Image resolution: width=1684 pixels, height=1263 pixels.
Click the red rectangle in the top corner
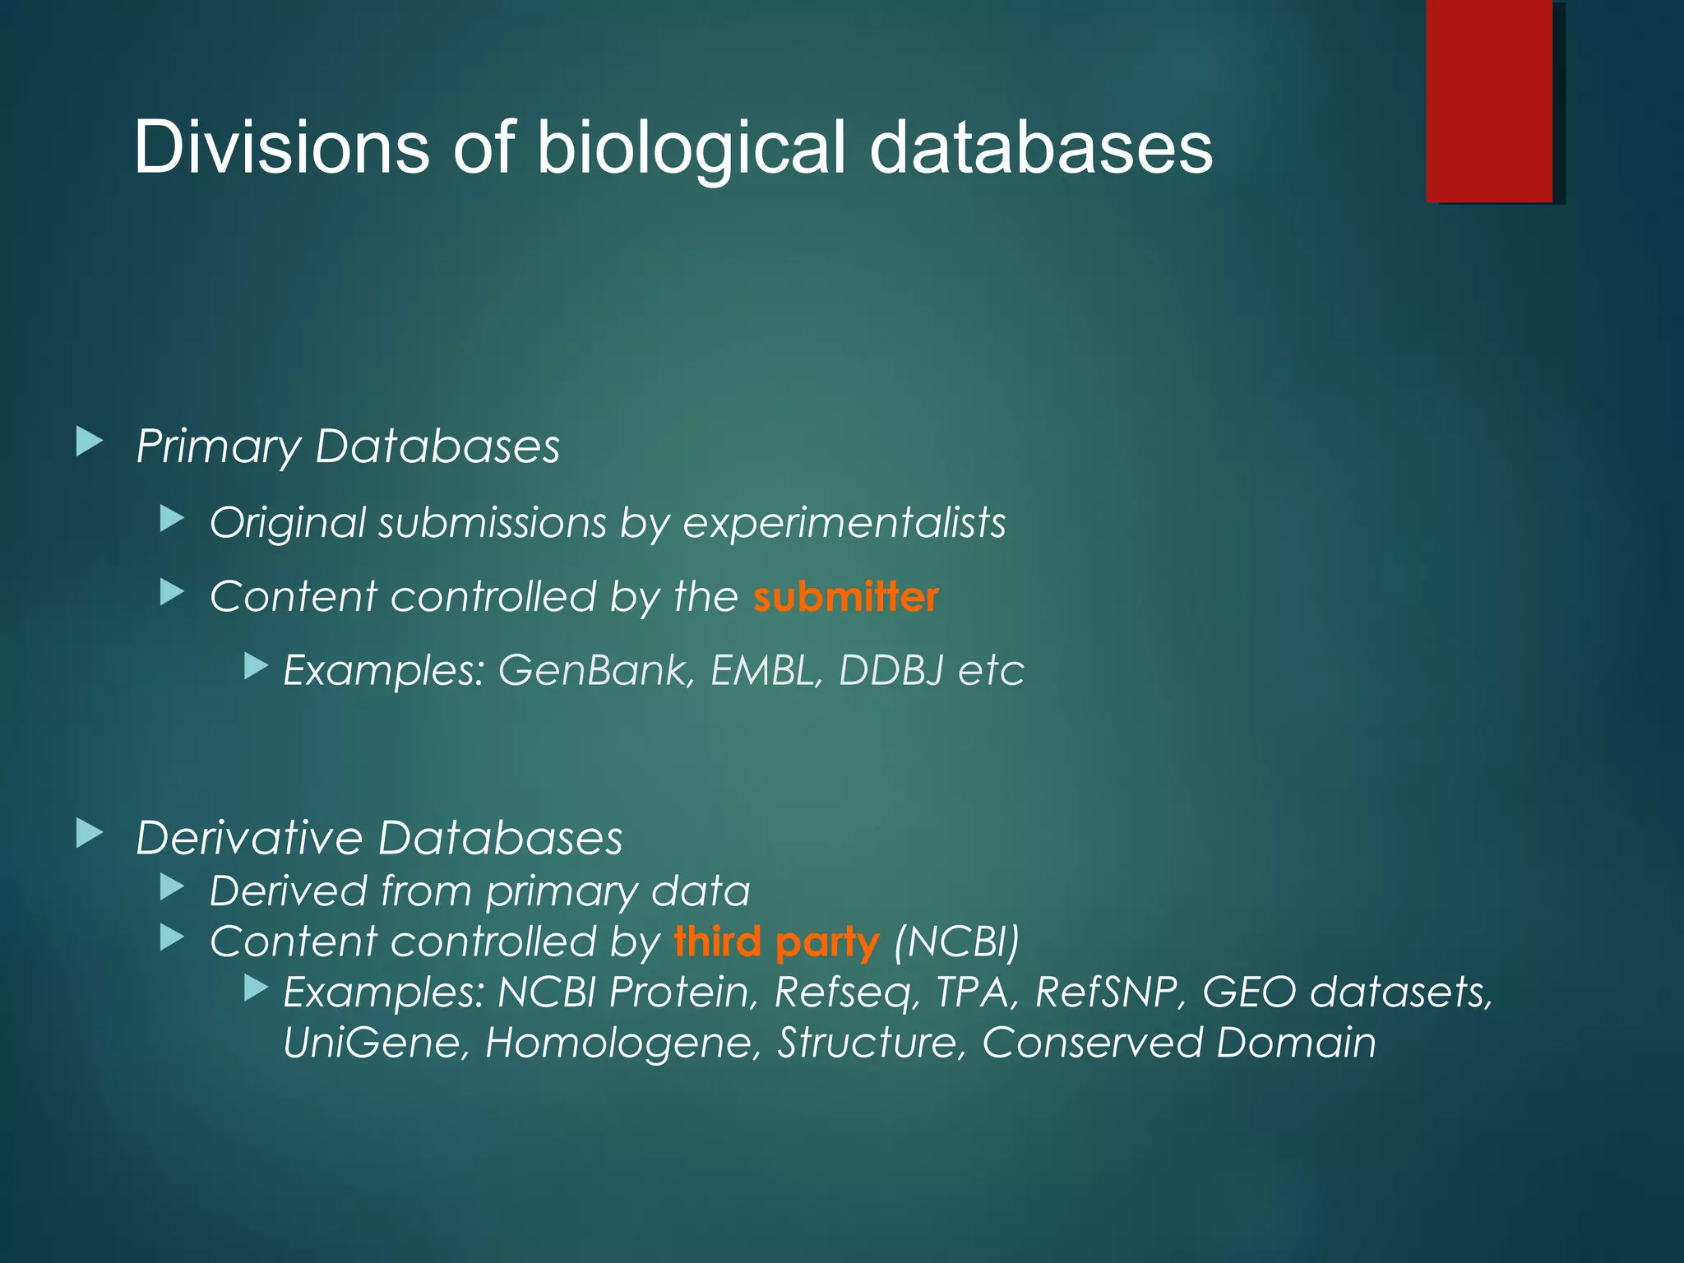pyautogui.click(x=1489, y=100)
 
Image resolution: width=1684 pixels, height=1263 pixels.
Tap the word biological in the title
pyautogui.click(x=691, y=149)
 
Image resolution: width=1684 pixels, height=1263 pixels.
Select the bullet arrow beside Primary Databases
pyautogui.click(x=89, y=442)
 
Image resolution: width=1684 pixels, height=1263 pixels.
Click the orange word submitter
pyautogui.click(x=845, y=597)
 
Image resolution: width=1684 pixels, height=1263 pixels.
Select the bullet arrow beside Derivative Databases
pyautogui.click(x=89, y=834)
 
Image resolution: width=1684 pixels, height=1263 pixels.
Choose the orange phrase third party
pyautogui.click(x=776, y=942)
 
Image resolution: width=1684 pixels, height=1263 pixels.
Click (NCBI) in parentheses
pyautogui.click(x=956, y=942)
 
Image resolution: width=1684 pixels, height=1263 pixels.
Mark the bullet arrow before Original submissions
pyautogui.click(x=172, y=519)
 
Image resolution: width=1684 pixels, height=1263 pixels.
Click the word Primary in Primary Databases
pyautogui.click(x=218, y=447)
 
